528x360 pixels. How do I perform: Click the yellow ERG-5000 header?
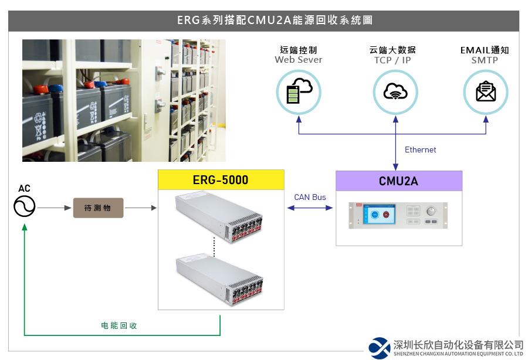click(x=221, y=180)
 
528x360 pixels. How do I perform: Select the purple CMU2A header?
click(x=398, y=181)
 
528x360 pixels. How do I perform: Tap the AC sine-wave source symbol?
click(x=25, y=206)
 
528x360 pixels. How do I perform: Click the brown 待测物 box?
click(x=98, y=208)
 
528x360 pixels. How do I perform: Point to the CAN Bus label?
click(x=310, y=197)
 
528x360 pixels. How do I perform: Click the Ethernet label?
click(x=421, y=150)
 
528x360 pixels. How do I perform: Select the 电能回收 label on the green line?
click(x=119, y=325)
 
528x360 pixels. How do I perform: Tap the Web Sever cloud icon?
click(x=299, y=91)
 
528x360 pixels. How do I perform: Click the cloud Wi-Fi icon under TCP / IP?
click(x=395, y=91)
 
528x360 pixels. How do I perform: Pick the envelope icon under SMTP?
click(x=485, y=91)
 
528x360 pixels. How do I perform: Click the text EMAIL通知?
click(x=485, y=50)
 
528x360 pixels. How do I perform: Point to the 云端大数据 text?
click(x=392, y=50)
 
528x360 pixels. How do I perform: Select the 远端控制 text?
click(x=298, y=50)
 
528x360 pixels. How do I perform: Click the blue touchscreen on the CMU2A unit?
click(x=375, y=215)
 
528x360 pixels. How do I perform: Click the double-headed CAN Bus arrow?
click(x=310, y=208)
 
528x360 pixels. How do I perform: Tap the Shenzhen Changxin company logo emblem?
click(x=380, y=347)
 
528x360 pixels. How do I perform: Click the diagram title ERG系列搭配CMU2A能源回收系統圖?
click(x=263, y=21)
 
